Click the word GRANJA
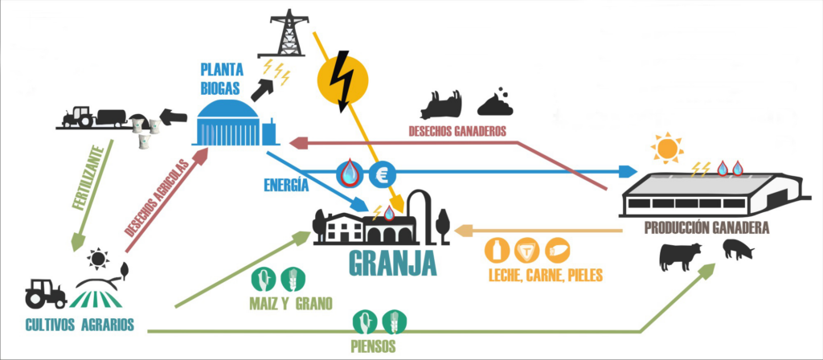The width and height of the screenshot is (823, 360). click(392, 264)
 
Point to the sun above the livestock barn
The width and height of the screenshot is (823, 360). click(666, 149)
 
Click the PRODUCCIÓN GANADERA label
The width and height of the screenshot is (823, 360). click(706, 228)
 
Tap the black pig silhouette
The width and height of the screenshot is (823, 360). click(738, 250)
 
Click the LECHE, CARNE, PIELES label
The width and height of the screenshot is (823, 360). click(545, 276)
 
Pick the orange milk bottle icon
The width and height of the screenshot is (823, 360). click(496, 250)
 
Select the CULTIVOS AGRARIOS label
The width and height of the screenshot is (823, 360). click(79, 325)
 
